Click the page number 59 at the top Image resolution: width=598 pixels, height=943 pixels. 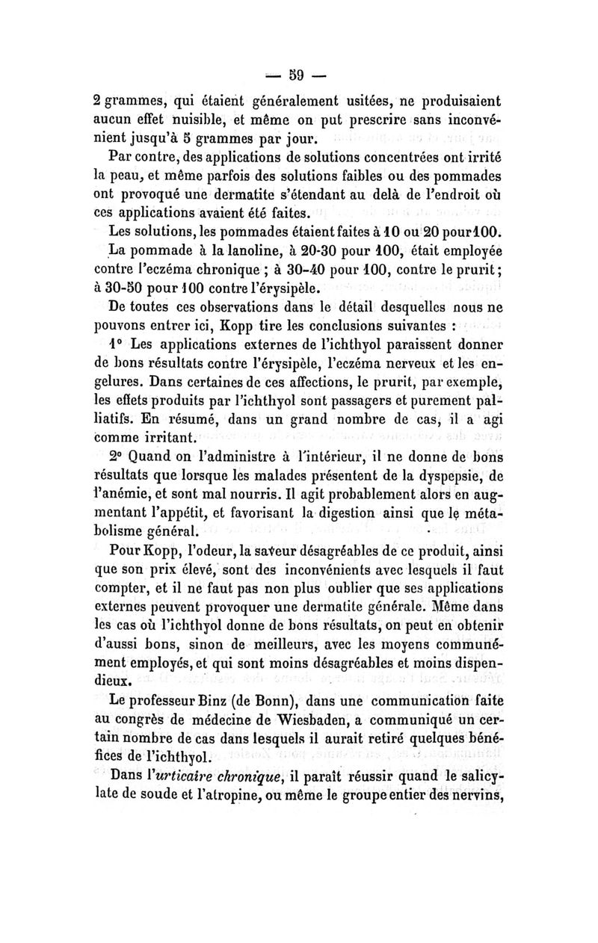299,75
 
